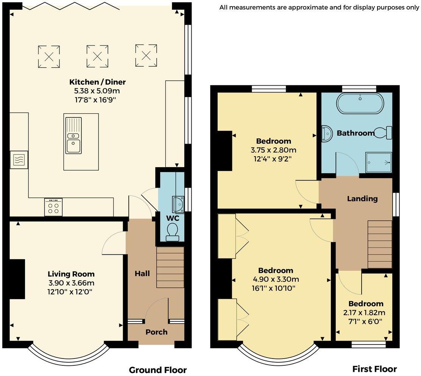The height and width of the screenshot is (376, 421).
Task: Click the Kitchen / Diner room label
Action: coord(97,82)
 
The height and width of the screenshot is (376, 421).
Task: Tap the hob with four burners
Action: coord(53,207)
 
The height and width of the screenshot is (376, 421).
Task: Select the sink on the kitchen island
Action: coord(73,135)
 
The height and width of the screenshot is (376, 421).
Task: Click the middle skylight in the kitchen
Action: coord(97,56)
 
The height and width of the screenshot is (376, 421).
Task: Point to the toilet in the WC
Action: coord(172,233)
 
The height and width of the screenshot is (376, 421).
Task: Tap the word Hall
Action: coord(142,274)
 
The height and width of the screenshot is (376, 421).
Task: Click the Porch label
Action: coord(156,332)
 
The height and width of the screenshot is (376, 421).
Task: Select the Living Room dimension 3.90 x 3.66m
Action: coord(71,283)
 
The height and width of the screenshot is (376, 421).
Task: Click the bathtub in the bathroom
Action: coord(360,103)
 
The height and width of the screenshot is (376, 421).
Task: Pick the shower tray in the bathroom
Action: coord(379,162)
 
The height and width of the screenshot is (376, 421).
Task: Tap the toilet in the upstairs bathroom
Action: coord(383,133)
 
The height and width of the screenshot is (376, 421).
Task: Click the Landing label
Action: coord(362,199)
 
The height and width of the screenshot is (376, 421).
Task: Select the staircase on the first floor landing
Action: coord(380,244)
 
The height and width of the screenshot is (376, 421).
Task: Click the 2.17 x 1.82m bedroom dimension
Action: coord(364,313)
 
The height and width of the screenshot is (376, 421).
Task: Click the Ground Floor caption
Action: coord(158,370)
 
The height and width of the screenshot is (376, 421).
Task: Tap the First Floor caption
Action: coord(374,369)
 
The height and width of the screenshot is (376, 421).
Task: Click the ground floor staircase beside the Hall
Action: coord(170,268)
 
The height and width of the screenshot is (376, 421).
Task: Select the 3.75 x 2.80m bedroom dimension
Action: coord(273,150)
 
